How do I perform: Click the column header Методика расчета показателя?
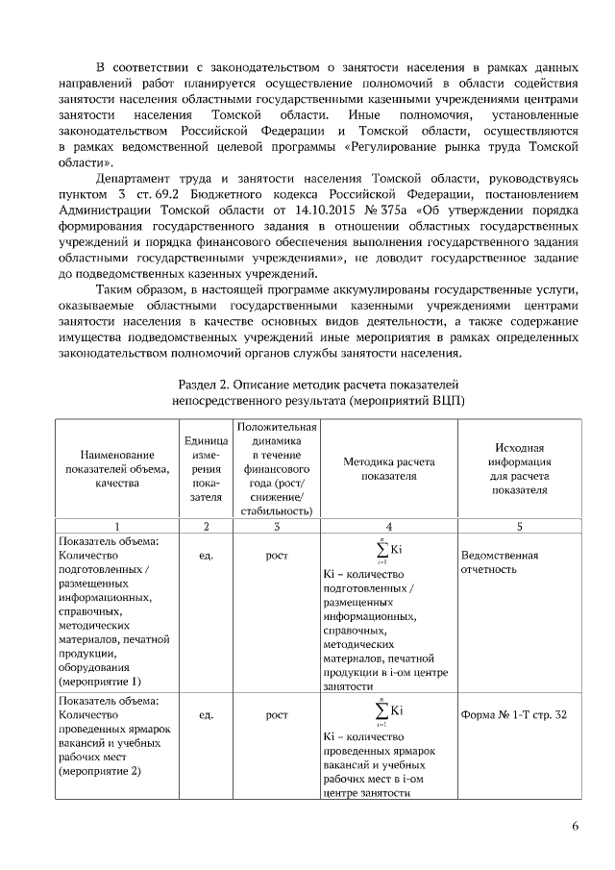pos(388,468)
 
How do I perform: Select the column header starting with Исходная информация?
pos(519,468)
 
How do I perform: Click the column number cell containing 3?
pos(276,526)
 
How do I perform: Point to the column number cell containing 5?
pos(519,526)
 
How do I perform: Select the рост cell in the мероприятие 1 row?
pos(276,556)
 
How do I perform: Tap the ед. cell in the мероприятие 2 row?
pos(204,715)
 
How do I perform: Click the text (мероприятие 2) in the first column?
pos(99,771)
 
